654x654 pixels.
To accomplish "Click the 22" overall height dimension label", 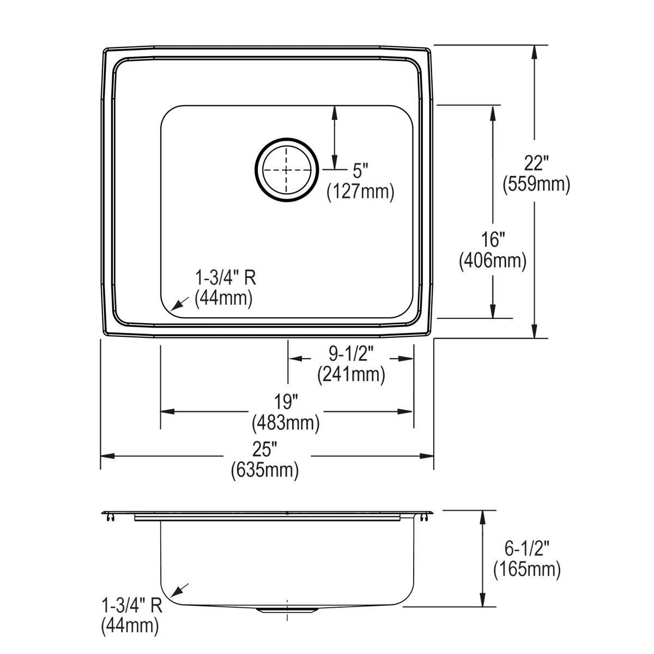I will (x=536, y=163).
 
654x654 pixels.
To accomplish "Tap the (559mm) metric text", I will (x=536, y=185).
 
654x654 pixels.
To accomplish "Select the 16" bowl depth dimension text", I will (x=493, y=239).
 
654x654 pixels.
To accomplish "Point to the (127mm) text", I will (x=360, y=192).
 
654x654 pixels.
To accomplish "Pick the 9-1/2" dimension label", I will (x=350, y=354).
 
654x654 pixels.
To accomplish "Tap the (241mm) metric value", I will (x=351, y=374).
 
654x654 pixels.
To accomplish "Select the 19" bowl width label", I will (x=286, y=402).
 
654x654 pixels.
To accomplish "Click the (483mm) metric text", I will (x=286, y=422).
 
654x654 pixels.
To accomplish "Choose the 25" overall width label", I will (x=265, y=449).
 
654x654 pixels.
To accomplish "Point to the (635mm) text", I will (x=265, y=469).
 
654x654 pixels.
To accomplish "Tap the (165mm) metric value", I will (x=527, y=570).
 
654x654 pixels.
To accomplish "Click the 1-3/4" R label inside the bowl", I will (x=225, y=278).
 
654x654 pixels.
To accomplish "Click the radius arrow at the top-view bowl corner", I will (x=179, y=304).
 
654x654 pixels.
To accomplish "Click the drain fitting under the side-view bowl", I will (x=286, y=610).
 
